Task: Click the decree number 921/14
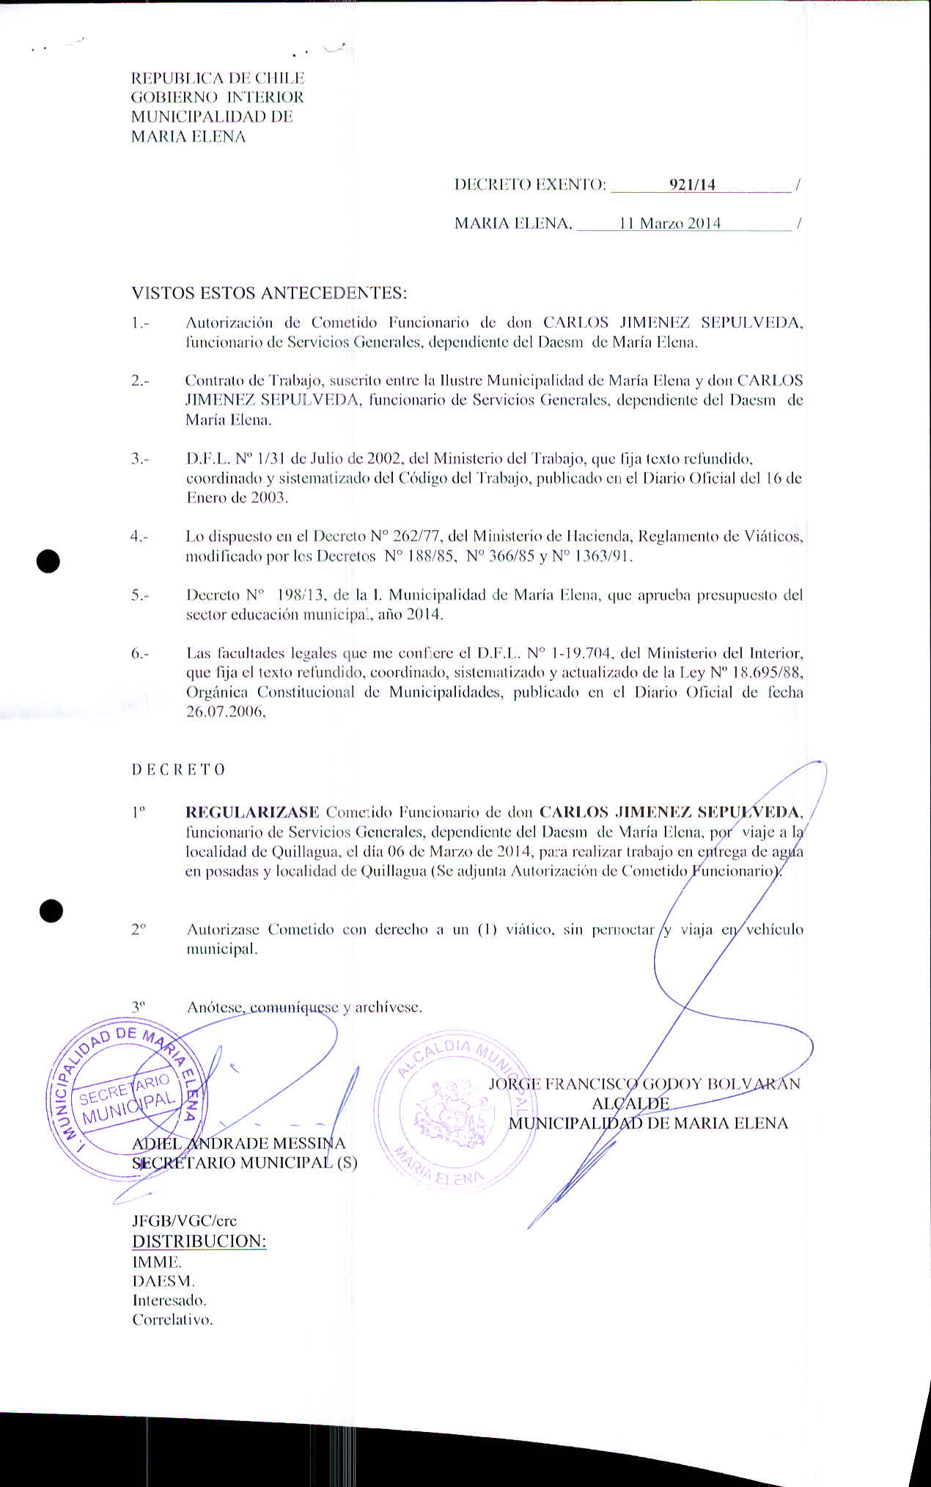tap(692, 185)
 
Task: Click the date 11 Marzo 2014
tap(669, 224)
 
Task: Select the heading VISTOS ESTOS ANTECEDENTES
tap(268, 293)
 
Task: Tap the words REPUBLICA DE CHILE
tap(218, 78)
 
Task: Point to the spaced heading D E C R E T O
tap(178, 770)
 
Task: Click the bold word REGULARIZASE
tap(252, 812)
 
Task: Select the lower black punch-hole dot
tap(51, 911)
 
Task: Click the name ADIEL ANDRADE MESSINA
tap(238, 1143)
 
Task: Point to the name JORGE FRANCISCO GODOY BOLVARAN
tap(644, 1084)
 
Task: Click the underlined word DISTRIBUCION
tap(199, 1241)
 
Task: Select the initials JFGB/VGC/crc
tap(184, 1221)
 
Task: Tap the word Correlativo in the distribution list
tap(172, 1320)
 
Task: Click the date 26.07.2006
tap(225, 712)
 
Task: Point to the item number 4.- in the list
tap(139, 537)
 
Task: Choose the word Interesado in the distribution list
tap(169, 1301)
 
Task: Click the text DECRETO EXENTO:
tap(530, 185)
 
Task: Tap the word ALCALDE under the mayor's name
tap(630, 1104)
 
